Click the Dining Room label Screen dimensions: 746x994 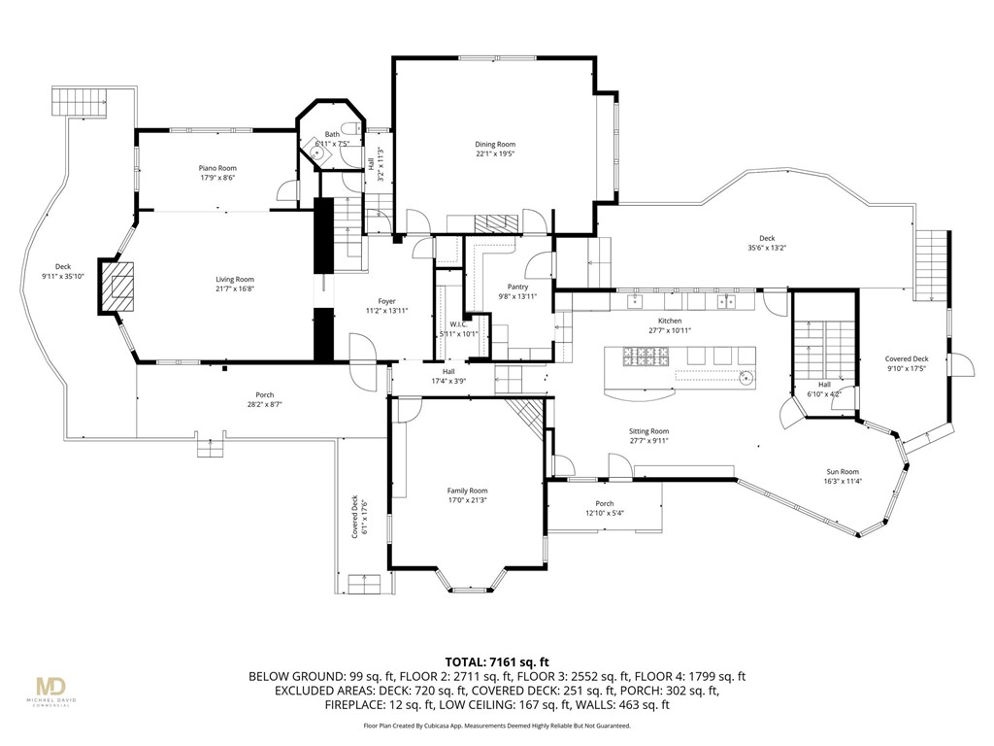[494, 145]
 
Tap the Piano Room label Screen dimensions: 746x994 [217, 168]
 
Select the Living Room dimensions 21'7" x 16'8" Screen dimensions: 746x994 [234, 288]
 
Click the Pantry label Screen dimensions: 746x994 [516, 288]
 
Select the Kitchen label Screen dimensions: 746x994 [669, 321]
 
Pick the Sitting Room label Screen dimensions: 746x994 [649, 431]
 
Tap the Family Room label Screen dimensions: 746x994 [467, 492]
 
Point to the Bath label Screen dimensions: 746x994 [332, 134]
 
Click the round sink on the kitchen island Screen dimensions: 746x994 [746, 378]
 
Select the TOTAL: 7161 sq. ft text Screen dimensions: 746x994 [497, 661]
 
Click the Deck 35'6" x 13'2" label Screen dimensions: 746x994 [766, 238]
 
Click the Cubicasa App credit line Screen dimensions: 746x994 [497, 726]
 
